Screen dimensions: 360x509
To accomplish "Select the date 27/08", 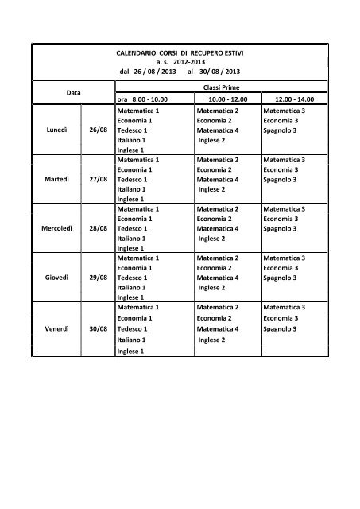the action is (99, 180).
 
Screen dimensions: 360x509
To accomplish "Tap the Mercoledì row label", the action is (54, 228).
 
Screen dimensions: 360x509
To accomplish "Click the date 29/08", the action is (99, 278).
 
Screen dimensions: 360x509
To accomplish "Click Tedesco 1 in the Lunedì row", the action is (132, 130).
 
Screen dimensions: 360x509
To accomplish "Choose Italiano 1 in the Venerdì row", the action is (131, 340).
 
